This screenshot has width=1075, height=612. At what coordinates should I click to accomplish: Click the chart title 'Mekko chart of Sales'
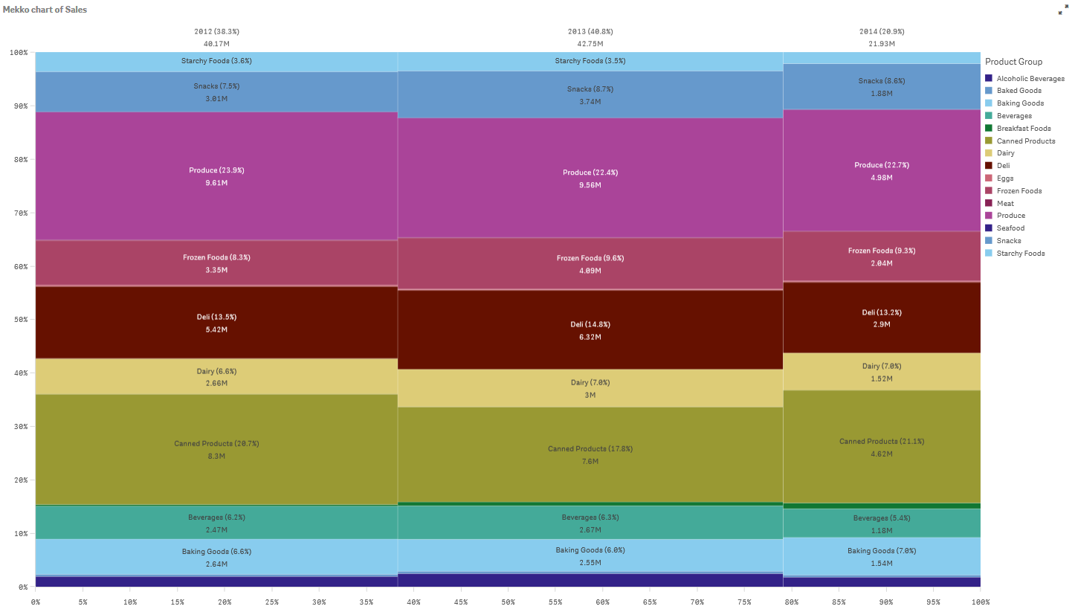point(45,10)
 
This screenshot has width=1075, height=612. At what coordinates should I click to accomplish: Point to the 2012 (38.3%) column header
point(216,32)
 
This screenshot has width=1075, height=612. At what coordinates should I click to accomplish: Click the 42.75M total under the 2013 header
point(590,44)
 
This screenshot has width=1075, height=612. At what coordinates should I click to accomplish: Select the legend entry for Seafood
point(1010,228)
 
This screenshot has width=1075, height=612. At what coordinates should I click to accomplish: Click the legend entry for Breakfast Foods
point(1023,129)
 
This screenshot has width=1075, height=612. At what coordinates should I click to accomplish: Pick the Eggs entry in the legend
point(1004,178)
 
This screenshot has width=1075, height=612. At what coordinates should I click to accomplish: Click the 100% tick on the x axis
point(980,602)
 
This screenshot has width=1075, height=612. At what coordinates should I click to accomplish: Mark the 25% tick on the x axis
point(272,602)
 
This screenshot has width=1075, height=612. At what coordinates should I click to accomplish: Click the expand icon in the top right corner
point(1062,11)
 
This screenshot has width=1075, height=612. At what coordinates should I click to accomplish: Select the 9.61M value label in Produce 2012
point(216,183)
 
